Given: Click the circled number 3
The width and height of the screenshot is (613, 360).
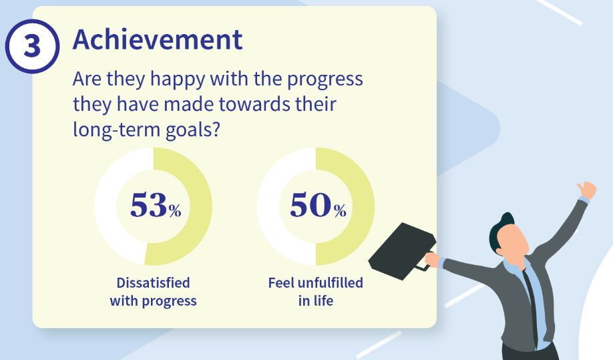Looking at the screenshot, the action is coord(32,46).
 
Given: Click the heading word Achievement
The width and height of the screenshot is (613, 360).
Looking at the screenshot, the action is coord(158,39).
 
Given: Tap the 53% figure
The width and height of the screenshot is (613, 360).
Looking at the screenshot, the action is coord(156,205).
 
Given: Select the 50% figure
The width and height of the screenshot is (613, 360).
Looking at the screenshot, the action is coord(318,205).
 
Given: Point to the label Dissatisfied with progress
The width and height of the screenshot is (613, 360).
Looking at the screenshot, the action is coord(154,292).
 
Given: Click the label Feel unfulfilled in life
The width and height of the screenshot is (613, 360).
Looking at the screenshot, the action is coord(315,292).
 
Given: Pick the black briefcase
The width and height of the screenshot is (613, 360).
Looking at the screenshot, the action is coord(402,251).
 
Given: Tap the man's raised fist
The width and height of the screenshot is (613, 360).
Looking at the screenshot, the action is coord(586,190).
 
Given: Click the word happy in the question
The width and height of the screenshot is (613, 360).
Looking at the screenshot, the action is coord(178,79).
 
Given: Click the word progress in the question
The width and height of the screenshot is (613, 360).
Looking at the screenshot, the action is coord(325,80).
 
